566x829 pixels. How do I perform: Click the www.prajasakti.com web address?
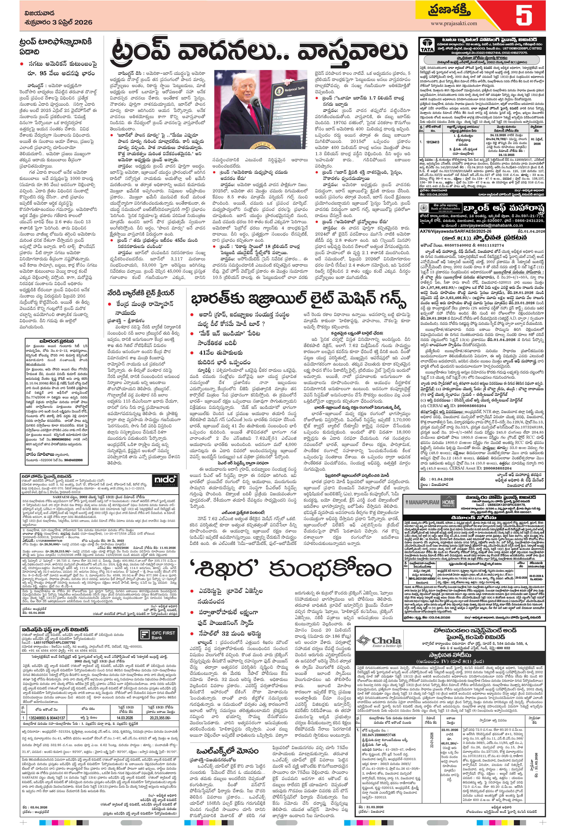(x=454, y=23)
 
